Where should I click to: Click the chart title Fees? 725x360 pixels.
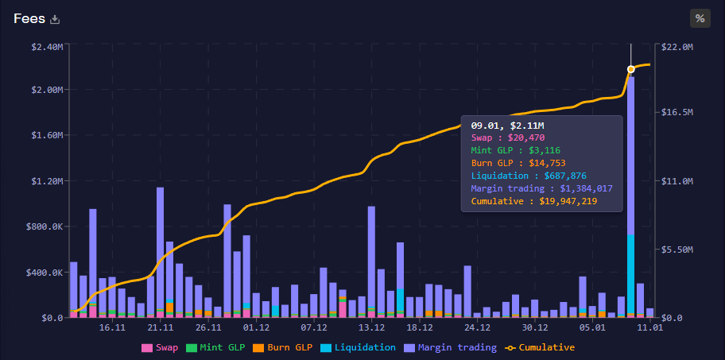[29, 18]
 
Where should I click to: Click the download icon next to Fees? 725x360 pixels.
[55, 19]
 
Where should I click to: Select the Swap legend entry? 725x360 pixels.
[160, 347]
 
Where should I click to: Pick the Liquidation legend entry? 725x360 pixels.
[358, 347]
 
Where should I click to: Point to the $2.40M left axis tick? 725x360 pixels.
[47, 47]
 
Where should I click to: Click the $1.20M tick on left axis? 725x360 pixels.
[47, 181]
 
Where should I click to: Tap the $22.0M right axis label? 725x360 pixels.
[678, 47]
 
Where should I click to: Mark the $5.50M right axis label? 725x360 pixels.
[678, 250]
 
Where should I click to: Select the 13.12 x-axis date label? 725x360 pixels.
[371, 327]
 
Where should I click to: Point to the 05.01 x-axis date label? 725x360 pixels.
[592, 327]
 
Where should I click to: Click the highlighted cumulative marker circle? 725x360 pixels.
[630, 69]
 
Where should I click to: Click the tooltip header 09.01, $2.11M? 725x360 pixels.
[507, 126]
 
